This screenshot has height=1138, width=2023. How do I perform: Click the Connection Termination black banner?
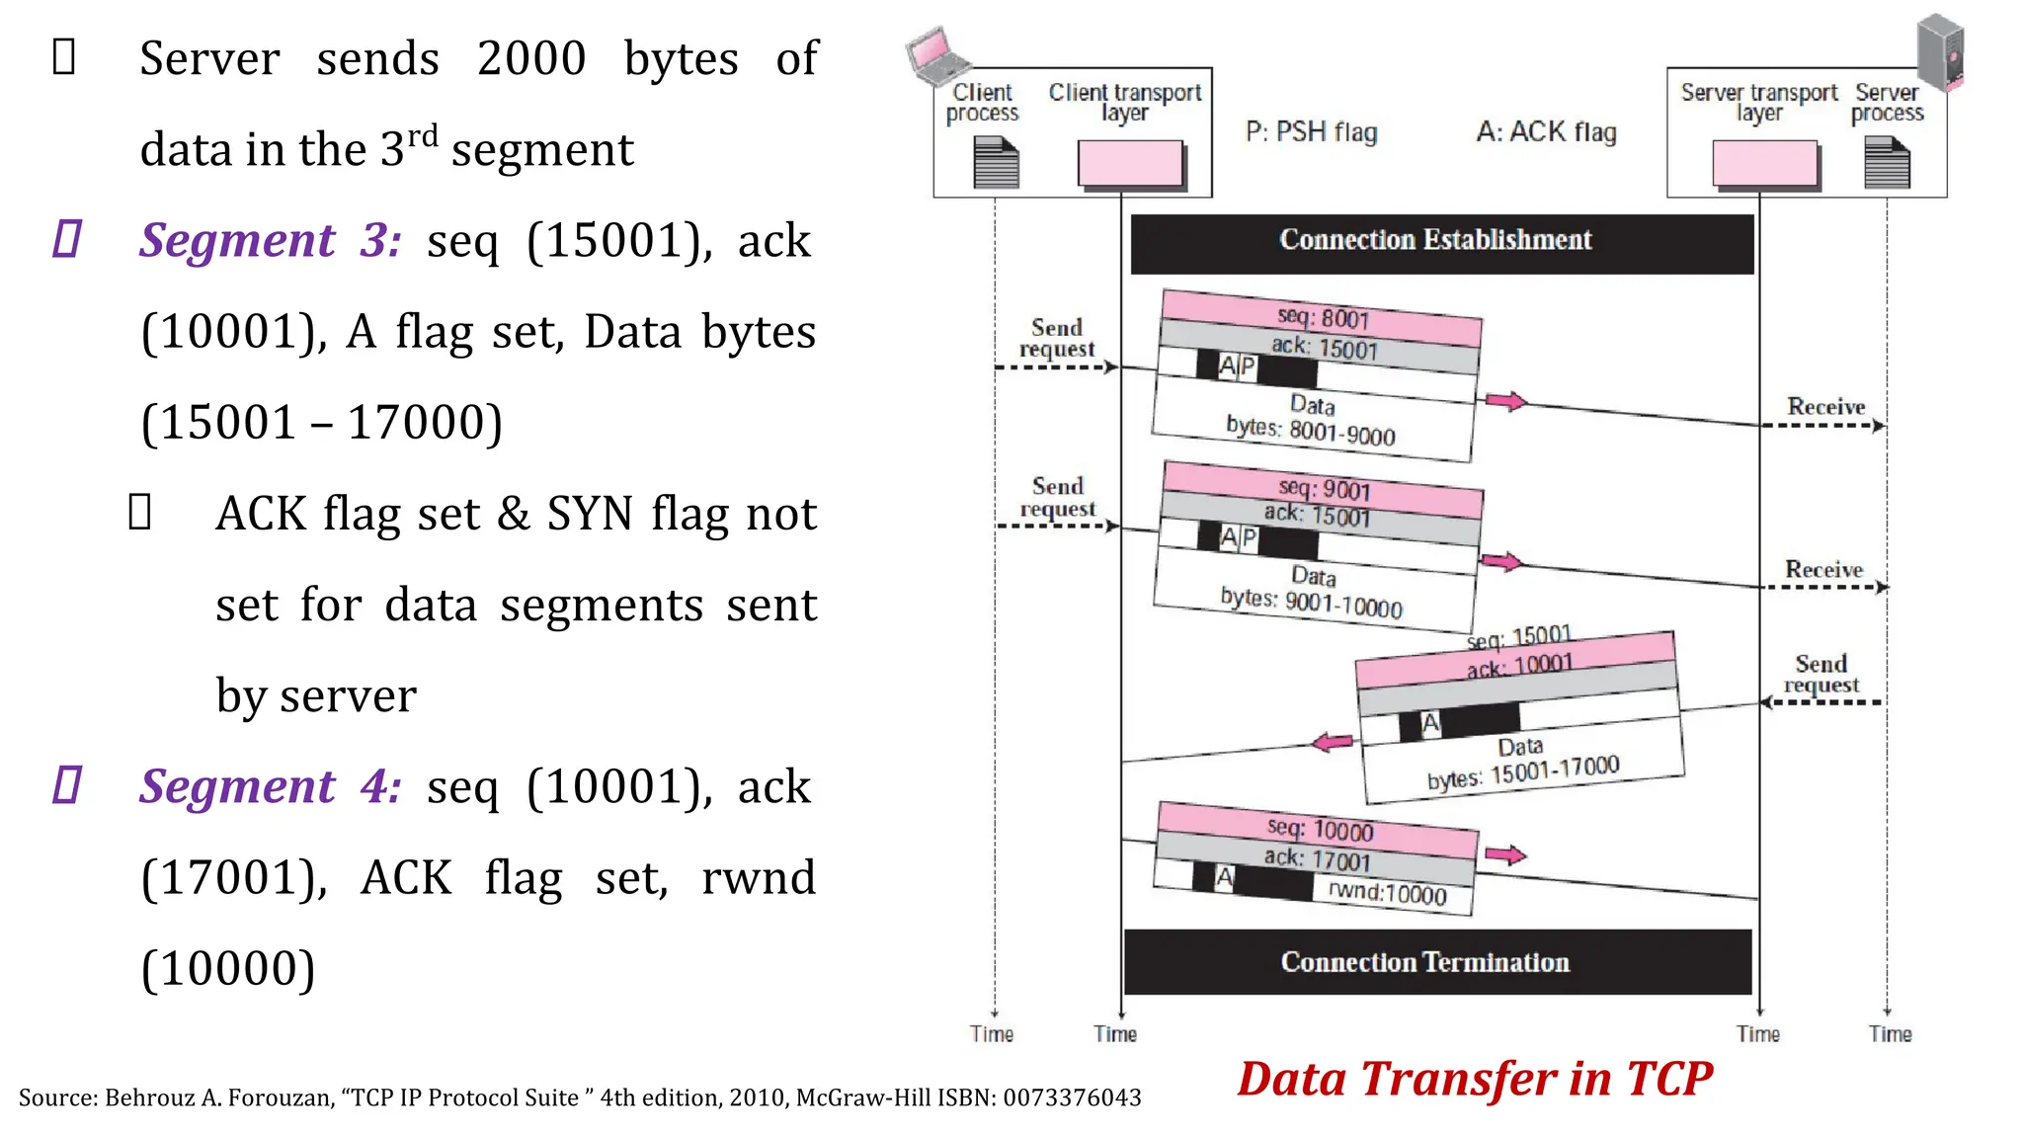coord(1436,962)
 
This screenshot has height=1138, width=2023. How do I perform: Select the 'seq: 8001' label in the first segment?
coord(1323,317)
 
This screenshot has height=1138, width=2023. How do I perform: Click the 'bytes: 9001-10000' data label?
coord(1311,602)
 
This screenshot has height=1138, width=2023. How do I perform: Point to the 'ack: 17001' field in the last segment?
coord(1317,858)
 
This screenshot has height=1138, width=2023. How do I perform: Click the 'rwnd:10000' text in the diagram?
coord(1387,893)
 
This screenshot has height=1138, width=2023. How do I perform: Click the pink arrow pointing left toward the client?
coord(1333,743)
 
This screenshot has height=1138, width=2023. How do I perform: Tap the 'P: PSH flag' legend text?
coord(1311,132)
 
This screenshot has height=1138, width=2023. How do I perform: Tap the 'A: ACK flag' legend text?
coord(1546,132)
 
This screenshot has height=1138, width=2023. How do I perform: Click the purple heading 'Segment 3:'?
coord(270,241)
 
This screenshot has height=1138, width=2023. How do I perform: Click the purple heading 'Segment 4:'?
coord(270,787)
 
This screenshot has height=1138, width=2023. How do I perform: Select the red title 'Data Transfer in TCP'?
coord(1475,1079)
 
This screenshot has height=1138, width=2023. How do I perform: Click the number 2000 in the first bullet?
coord(531,59)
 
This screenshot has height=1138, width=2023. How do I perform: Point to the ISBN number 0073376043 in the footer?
coord(1072,1098)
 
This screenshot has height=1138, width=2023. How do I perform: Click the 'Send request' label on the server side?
coord(1821,675)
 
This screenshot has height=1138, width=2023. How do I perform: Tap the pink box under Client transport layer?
coord(1130,163)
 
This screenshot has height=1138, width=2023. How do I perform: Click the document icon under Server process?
coord(1887,163)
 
